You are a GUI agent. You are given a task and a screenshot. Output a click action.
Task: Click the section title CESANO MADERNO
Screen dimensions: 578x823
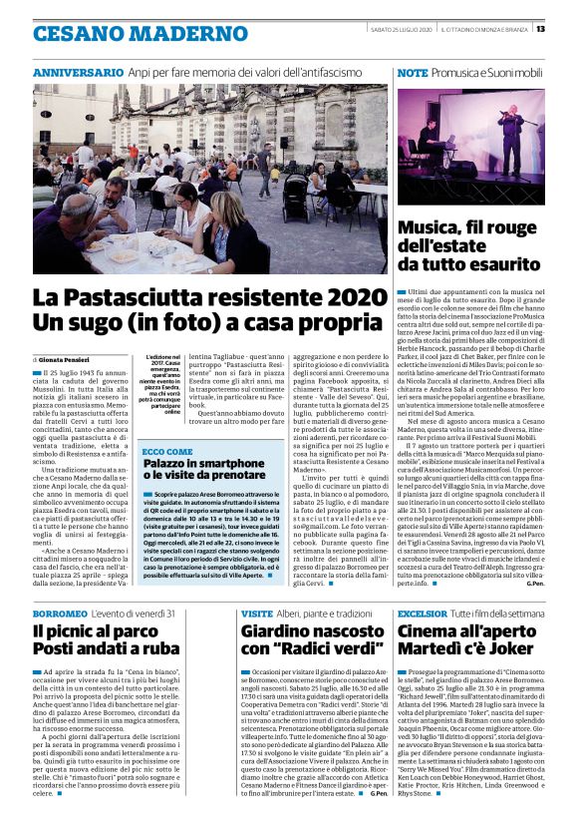[115, 32]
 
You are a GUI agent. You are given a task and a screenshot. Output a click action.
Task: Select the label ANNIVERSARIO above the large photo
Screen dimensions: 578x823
[78, 74]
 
